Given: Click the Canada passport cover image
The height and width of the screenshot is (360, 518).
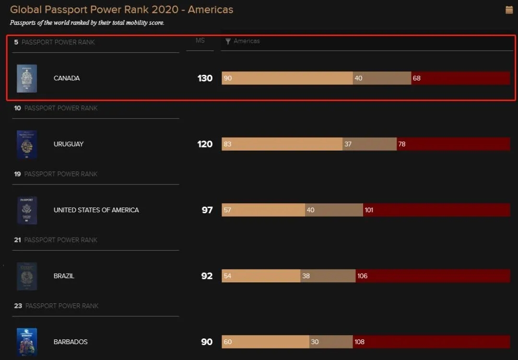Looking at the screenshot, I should (26, 78).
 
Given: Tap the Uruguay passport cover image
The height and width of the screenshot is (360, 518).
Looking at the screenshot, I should (26, 144).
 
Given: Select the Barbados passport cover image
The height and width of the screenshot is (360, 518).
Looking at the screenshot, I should (26, 342).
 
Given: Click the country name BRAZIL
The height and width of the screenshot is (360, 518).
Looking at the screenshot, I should (64, 276).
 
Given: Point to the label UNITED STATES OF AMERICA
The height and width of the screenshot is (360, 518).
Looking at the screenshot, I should (96, 210).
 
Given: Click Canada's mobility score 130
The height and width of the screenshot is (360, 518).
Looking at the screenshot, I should (205, 78).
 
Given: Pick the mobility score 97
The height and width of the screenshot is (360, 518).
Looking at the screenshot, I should (207, 210).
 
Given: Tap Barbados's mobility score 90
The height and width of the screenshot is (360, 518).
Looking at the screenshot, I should (207, 342).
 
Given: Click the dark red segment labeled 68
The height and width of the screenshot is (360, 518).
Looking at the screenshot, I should (460, 78).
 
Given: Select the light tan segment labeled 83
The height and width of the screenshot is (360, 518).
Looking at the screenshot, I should (282, 144).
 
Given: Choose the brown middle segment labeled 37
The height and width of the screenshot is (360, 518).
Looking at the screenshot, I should (369, 144).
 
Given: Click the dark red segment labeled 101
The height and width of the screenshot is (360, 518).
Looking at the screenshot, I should (436, 210).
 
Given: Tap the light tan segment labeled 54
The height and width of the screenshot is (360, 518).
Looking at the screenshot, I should (261, 276).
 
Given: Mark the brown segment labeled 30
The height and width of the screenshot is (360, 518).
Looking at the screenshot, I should (331, 342).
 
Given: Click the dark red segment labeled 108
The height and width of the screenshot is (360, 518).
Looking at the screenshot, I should (432, 342).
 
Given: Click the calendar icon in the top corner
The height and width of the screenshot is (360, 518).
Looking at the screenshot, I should (509, 10).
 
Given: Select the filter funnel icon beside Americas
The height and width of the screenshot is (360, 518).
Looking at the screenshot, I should (228, 42).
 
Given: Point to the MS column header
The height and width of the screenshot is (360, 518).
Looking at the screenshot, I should (200, 41).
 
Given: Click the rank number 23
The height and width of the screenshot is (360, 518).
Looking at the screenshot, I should (18, 306).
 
